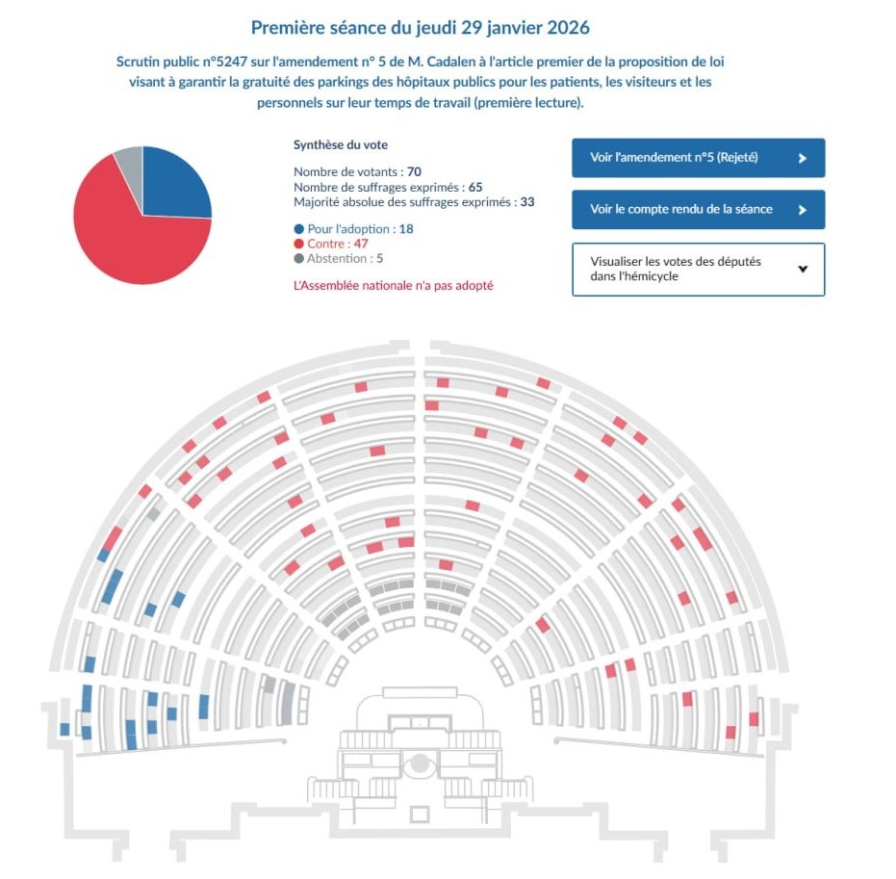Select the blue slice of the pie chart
pyautogui.click(x=173, y=183)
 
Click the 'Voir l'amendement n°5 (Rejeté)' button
pyautogui.click(x=698, y=158)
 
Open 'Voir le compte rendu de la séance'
pyautogui.click(x=698, y=210)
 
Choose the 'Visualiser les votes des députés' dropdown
pyautogui.click(x=698, y=269)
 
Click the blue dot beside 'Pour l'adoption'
pyautogui.click(x=299, y=229)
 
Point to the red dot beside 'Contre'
pyautogui.click(x=299, y=244)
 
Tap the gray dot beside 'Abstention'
pyautogui.click(x=299, y=258)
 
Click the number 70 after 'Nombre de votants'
pyautogui.click(x=415, y=171)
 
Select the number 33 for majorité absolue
pyautogui.click(x=526, y=202)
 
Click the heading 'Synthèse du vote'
pyautogui.click(x=340, y=144)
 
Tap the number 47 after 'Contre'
pyautogui.click(x=361, y=244)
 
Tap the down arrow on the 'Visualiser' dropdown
pyautogui.click(x=803, y=269)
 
